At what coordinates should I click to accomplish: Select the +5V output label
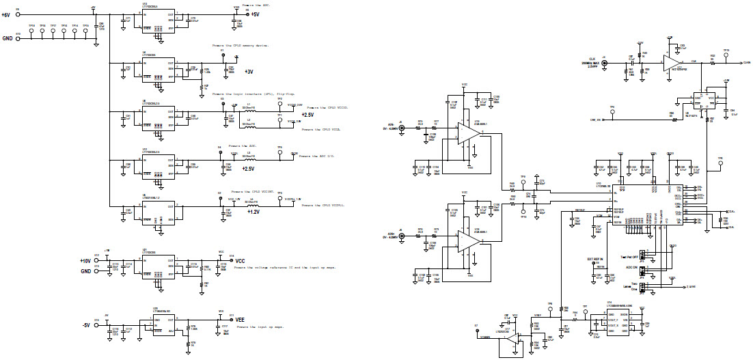[x=255, y=14]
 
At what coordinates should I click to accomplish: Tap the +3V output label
[x=249, y=71]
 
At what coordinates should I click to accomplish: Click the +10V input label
[x=85, y=260]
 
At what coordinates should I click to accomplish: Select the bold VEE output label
[x=240, y=319]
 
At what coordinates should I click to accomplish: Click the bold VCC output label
[x=240, y=260]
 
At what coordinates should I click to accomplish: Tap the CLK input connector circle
[x=603, y=62]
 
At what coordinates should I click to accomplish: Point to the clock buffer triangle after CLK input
[x=674, y=58]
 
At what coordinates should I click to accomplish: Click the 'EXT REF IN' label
[x=596, y=260]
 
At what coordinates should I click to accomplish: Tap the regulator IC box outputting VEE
[x=163, y=324]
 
